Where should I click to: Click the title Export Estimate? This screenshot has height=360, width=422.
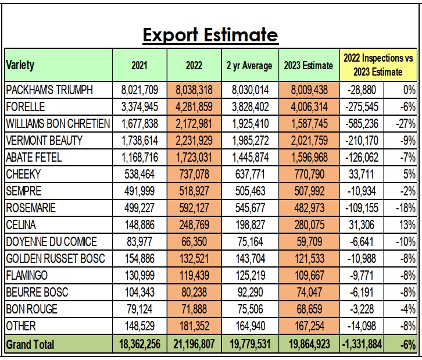point(210,35)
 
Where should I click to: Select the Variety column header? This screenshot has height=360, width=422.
point(20,65)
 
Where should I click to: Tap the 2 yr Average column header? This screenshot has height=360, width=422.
point(249,65)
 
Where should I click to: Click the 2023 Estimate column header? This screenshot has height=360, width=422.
point(308,65)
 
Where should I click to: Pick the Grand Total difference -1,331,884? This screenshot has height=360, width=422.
point(362,344)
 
